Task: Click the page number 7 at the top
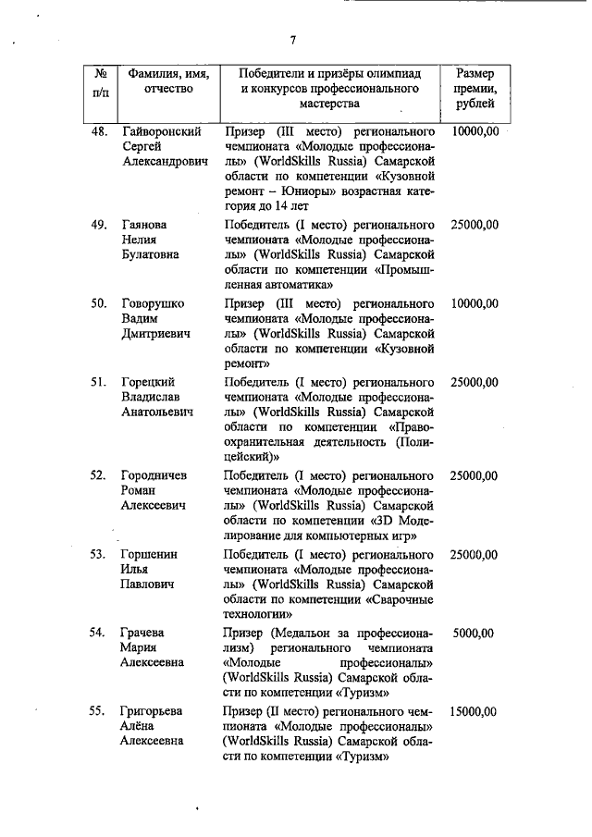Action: pyautogui.click(x=292, y=40)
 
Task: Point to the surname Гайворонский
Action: pyautogui.click(x=162, y=132)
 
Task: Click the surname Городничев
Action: pyautogui.click(x=156, y=475)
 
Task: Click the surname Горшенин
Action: pyautogui.click(x=151, y=554)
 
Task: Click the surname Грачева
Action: pyautogui.click(x=143, y=633)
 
